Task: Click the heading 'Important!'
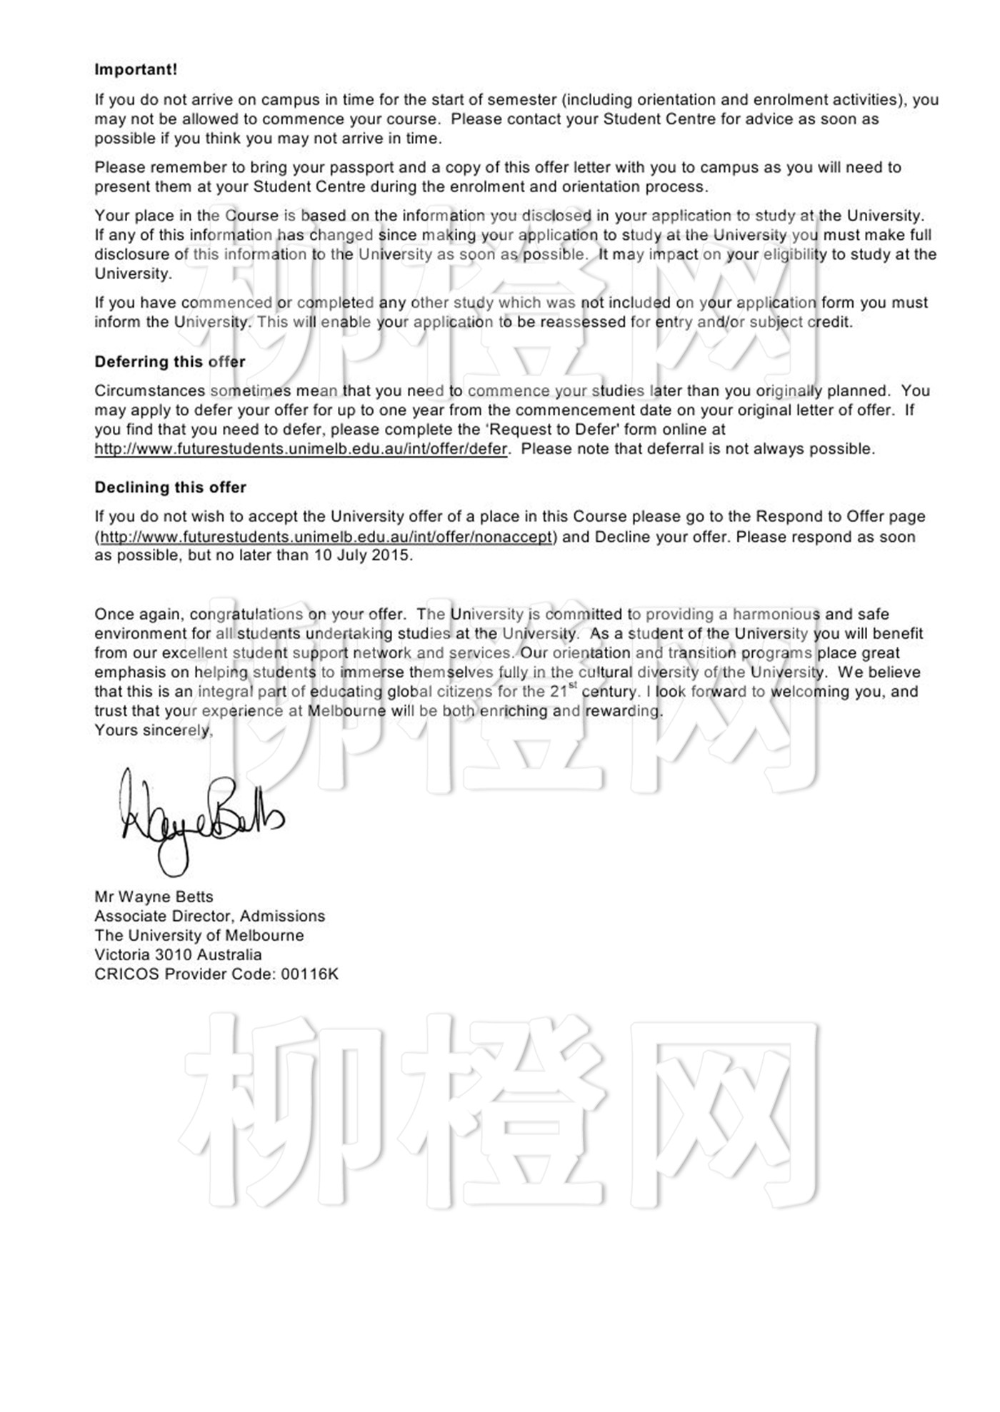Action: [136, 70]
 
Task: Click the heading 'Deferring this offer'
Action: [170, 362]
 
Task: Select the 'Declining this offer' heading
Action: [170, 488]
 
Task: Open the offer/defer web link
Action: [301, 450]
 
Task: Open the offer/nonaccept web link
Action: [326, 537]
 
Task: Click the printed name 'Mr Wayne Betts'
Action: [154, 897]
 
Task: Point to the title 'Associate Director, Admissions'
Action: [209, 916]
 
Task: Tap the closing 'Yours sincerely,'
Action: [154, 730]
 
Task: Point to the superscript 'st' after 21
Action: [573, 687]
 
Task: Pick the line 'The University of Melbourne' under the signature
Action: [199, 935]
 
